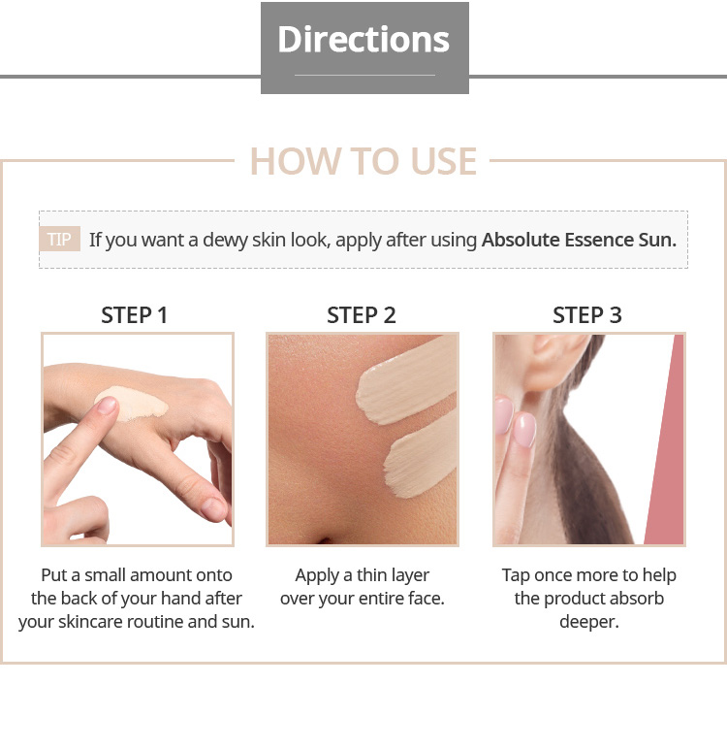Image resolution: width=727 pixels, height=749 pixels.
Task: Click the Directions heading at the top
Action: point(363,39)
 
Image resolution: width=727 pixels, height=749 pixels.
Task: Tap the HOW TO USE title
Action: point(363,161)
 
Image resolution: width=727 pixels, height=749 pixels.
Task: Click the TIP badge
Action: point(60,239)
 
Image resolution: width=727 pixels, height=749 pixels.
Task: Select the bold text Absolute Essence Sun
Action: point(579,240)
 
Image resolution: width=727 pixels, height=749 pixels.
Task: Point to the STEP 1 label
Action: point(134,315)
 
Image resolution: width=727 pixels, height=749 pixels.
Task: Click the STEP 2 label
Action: point(362,315)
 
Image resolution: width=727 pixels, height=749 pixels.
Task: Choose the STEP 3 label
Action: point(587,315)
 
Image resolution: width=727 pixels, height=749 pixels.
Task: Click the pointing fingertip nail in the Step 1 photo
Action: point(107,406)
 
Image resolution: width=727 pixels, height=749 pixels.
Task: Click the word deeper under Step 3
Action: point(589,623)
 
